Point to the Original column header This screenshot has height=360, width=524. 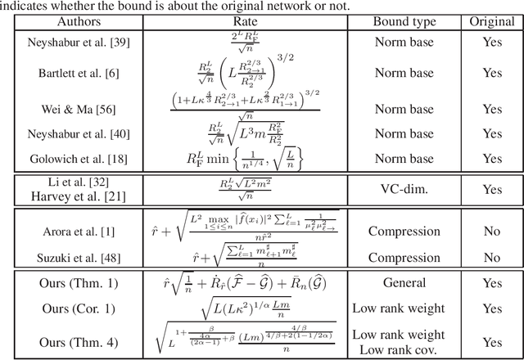(492, 23)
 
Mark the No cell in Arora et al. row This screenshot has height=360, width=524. (492, 232)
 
